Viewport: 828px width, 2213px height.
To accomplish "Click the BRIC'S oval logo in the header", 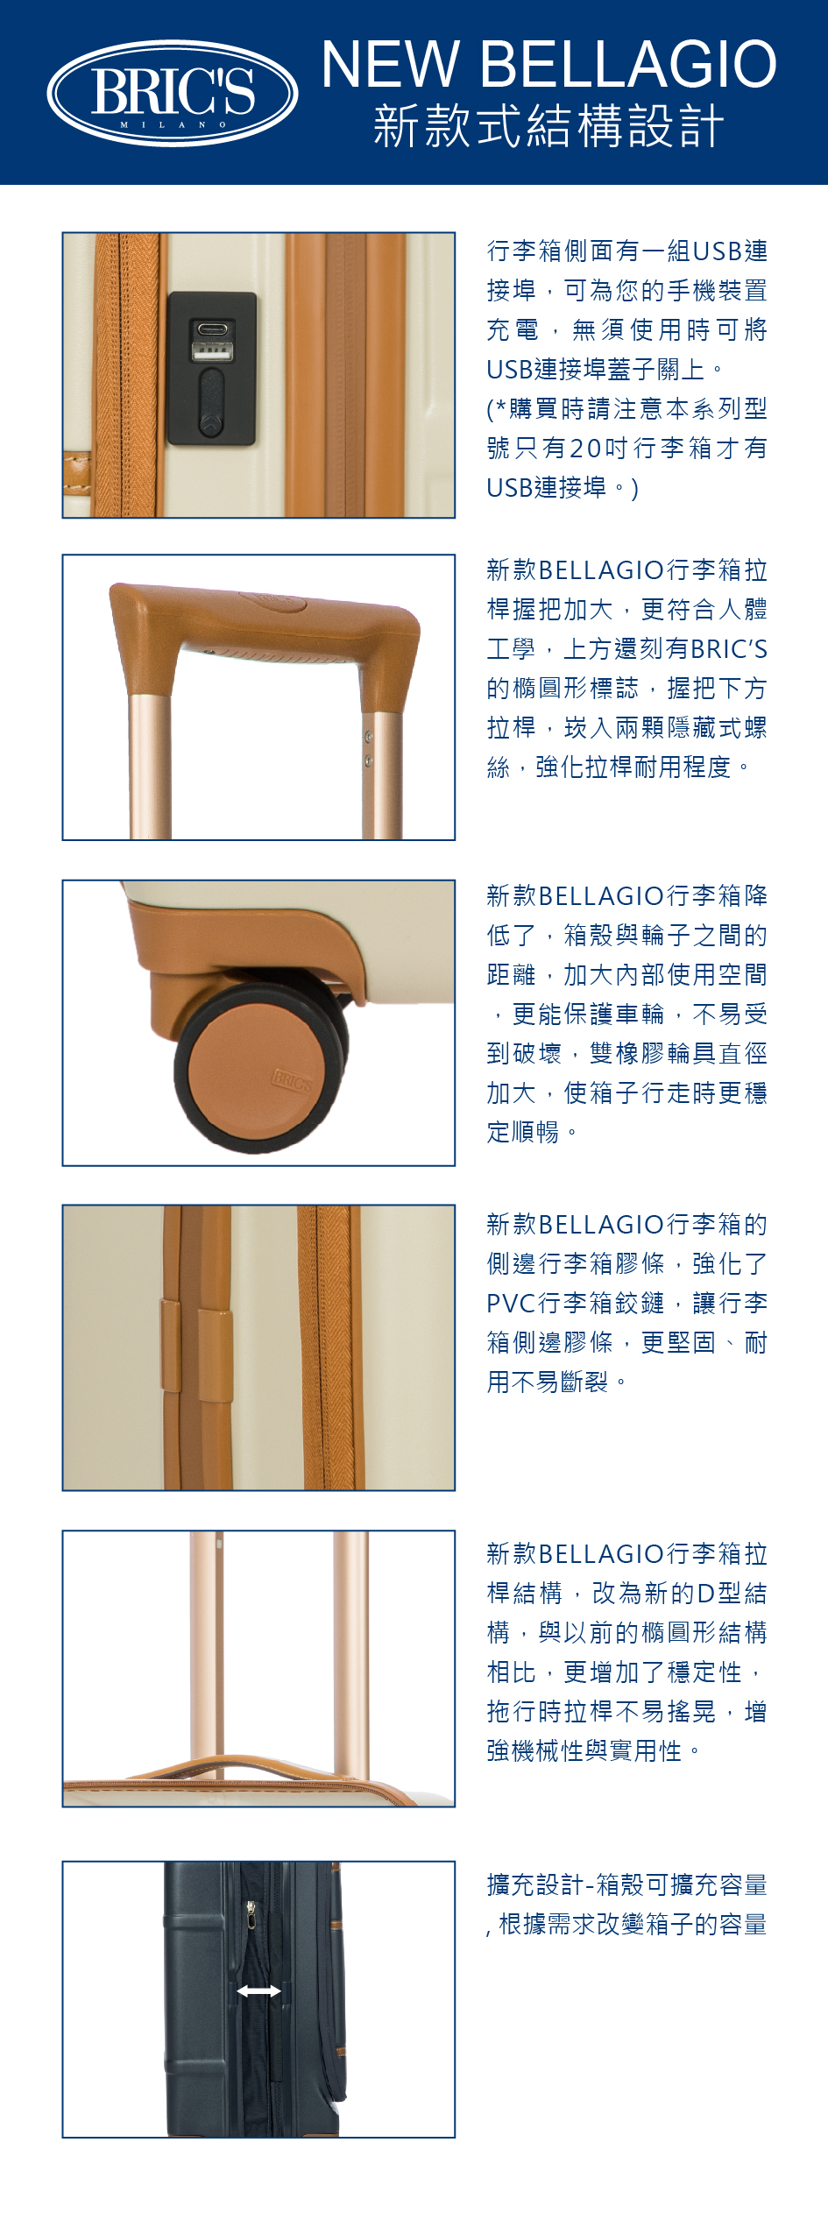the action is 173,93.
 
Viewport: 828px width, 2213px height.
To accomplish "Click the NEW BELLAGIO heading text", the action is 549,64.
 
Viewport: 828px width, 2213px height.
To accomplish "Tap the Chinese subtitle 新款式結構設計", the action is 549,125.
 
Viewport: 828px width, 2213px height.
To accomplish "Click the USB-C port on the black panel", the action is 213,330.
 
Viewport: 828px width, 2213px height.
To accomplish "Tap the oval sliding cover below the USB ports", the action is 211,403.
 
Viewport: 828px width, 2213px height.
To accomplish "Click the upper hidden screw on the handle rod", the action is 369,738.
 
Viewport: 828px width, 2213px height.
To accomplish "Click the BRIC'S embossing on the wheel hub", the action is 292,1080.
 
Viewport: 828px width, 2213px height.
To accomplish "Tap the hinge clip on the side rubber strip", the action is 197,1347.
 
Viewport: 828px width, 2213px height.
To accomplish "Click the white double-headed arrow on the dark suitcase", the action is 259,1991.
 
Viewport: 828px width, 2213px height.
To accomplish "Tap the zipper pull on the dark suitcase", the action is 251,1916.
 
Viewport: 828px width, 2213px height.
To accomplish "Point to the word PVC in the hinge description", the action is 512,1304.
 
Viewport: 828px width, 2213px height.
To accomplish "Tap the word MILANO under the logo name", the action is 173,125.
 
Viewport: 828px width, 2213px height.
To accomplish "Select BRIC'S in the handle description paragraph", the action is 729,649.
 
